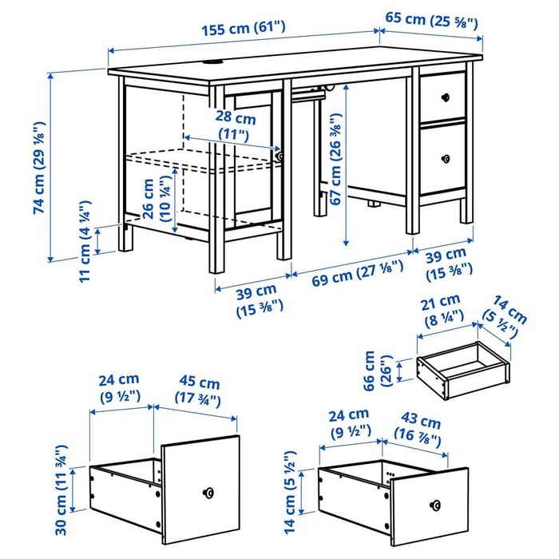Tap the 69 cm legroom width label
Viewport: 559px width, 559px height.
point(347,279)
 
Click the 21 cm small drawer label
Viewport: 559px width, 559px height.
point(440,309)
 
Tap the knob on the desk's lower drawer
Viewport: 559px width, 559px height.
point(444,157)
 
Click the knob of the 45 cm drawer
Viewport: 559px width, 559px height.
point(209,493)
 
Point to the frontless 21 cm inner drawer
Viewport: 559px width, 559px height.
point(462,369)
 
